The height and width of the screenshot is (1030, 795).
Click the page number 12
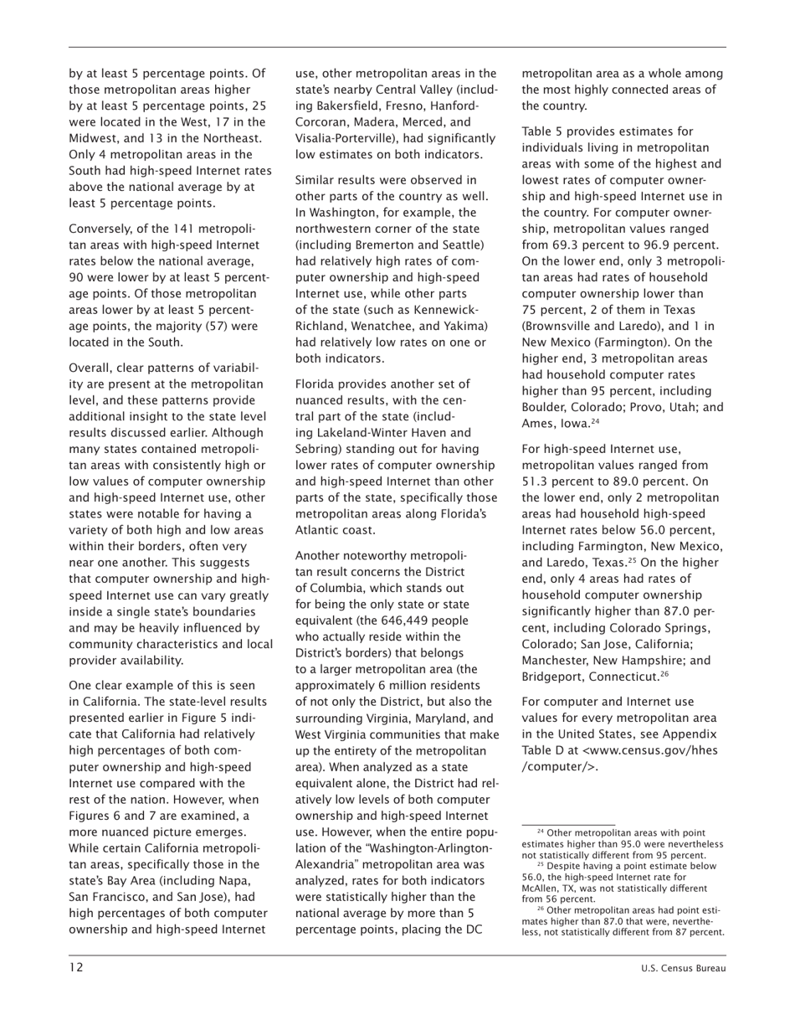pos(76,967)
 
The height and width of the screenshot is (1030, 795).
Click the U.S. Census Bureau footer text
pos(683,968)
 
